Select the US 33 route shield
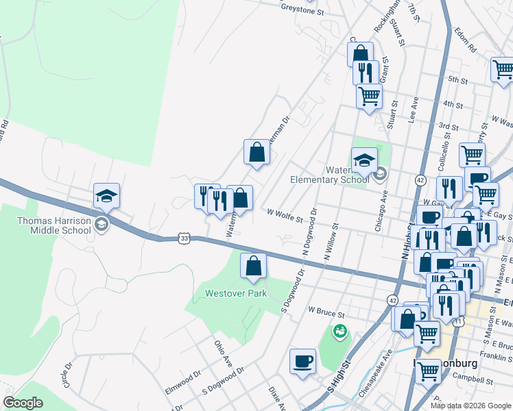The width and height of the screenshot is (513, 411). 183,238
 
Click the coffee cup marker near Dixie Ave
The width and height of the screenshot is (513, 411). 302,361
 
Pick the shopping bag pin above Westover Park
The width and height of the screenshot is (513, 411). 254,266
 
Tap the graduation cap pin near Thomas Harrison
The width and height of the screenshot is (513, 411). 107,195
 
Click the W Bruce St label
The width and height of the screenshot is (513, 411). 325,312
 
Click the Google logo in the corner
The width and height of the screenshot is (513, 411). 23,403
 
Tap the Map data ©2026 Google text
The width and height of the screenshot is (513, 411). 471,406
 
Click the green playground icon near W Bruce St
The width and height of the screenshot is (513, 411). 338,332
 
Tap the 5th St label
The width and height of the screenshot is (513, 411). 457,80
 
